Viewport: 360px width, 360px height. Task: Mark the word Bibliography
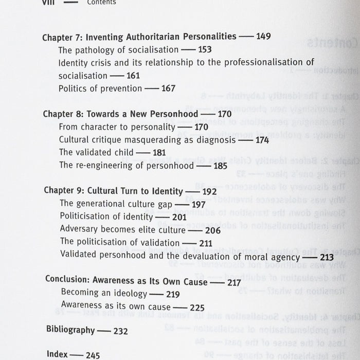(x=70, y=330)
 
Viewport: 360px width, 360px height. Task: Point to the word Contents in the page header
(x=101, y=2)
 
